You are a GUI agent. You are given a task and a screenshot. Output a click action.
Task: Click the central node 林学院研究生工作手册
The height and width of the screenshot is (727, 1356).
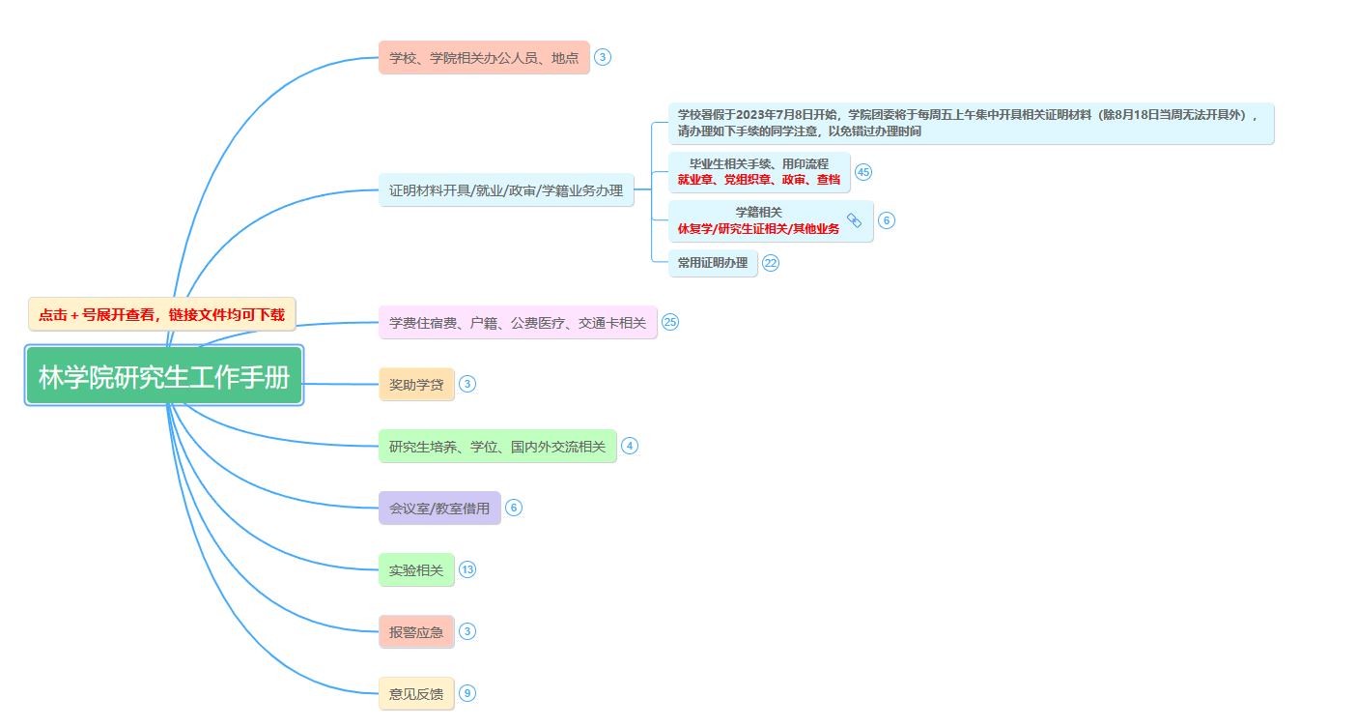pyautogui.click(x=164, y=376)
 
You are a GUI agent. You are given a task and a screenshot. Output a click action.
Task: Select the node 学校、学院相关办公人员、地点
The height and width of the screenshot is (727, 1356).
pyautogui.click(x=484, y=58)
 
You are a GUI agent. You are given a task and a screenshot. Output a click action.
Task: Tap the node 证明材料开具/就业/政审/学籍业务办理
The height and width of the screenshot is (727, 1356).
pyautogui.click(x=506, y=190)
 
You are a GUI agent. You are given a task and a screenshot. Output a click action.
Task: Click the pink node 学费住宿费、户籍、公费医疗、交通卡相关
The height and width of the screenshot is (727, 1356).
pyautogui.click(x=518, y=323)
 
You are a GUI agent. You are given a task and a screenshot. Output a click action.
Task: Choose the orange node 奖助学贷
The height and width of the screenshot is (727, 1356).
pyautogui.click(x=416, y=385)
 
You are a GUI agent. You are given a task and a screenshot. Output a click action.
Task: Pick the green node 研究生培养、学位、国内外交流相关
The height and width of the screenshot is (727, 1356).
pyautogui.click(x=497, y=447)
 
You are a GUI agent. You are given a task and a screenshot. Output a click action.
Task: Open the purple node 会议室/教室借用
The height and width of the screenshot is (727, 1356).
pyautogui.click(x=439, y=509)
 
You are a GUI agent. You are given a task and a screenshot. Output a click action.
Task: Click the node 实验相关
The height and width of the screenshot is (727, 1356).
pyautogui.click(x=416, y=570)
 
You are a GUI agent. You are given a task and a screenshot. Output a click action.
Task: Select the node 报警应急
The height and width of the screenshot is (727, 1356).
pyautogui.click(x=416, y=632)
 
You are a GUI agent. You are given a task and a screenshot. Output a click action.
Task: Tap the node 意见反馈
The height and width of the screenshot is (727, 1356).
pyautogui.click(x=416, y=694)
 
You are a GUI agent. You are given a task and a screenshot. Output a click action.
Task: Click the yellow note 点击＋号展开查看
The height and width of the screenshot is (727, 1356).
pyautogui.click(x=162, y=314)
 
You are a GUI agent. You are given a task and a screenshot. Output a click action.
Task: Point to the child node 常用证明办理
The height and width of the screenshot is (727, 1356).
pyautogui.click(x=713, y=263)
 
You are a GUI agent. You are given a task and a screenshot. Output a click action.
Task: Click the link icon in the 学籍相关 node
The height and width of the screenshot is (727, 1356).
pyautogui.click(x=854, y=220)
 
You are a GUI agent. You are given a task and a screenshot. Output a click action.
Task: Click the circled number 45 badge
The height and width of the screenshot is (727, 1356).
pyautogui.click(x=863, y=172)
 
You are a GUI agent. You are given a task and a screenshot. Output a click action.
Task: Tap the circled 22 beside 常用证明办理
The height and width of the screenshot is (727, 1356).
pyautogui.click(x=771, y=263)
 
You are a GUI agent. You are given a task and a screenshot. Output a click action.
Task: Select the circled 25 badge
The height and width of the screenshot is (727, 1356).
pyautogui.click(x=670, y=323)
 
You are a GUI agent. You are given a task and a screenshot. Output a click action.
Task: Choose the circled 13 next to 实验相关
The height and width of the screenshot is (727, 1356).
pyautogui.click(x=467, y=570)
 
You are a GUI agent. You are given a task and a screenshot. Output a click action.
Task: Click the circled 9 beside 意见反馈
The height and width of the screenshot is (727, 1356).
pyautogui.click(x=467, y=693)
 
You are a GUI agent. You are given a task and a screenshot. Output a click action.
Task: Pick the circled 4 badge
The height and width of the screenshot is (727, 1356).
pyautogui.click(x=630, y=446)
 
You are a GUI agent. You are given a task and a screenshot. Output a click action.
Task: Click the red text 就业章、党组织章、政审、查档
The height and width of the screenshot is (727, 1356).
pyautogui.click(x=759, y=180)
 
